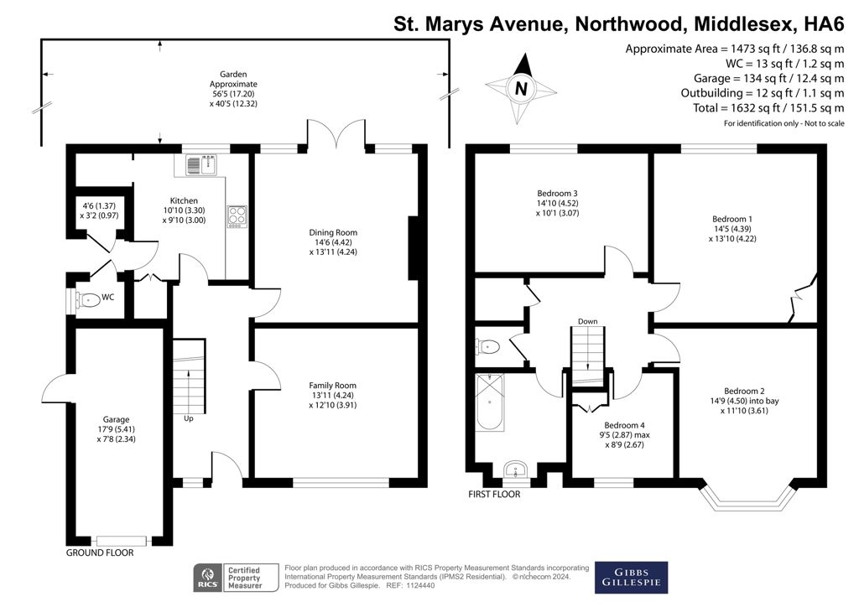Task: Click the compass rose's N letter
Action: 521,88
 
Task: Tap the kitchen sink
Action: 201,163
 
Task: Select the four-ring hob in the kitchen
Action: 237,216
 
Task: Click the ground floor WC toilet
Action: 88,299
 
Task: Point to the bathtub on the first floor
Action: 489,402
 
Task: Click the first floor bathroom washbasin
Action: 516,470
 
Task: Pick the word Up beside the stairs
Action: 189,418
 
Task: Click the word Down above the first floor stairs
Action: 587,321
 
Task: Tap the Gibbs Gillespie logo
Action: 631,578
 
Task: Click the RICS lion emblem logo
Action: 208,578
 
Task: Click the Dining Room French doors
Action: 336,134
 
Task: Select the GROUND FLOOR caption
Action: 100,553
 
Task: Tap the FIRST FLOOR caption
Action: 494,495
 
